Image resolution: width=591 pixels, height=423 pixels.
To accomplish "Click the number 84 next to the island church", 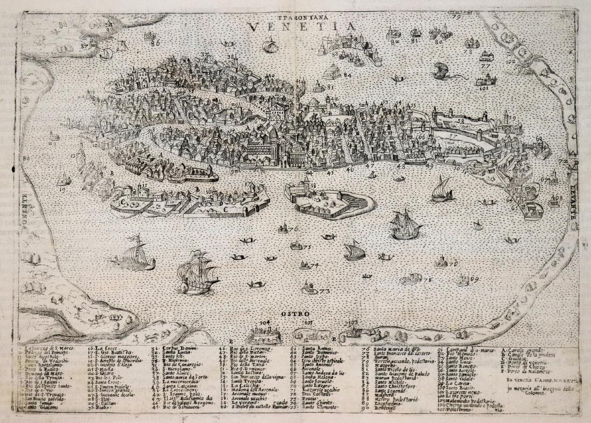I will click(x=347, y=75).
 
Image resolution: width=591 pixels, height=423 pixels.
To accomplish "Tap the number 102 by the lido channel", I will click(x=510, y=62).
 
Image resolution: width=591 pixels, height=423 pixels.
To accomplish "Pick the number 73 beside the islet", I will click(x=323, y=291).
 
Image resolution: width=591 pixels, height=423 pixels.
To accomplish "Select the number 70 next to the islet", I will click(x=453, y=264).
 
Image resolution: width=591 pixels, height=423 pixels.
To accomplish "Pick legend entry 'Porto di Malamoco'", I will click(x=524, y=371).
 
